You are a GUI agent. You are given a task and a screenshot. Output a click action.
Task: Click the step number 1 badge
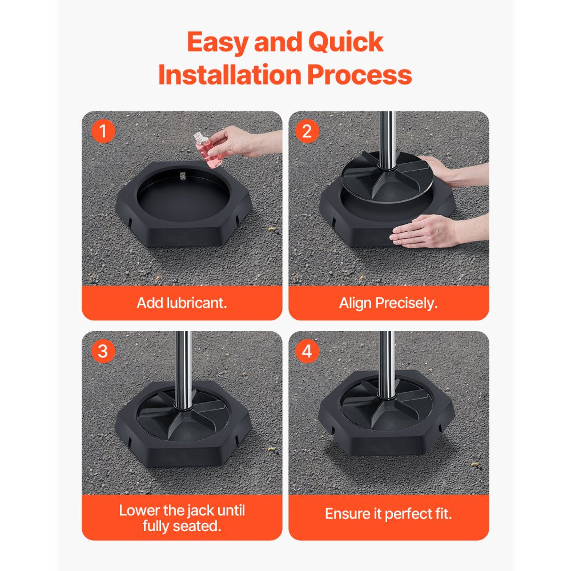click(x=103, y=132)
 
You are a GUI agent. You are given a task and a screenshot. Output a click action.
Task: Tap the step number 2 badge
click(x=307, y=132)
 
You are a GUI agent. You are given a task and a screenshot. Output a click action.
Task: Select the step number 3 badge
click(x=103, y=351)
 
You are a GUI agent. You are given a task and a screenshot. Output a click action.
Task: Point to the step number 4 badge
click(x=307, y=351)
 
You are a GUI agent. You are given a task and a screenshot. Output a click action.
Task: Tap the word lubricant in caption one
click(x=197, y=303)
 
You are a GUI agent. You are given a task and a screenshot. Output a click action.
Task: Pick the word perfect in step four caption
click(x=408, y=514)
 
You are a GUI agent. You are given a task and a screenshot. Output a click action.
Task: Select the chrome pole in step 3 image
click(x=183, y=365)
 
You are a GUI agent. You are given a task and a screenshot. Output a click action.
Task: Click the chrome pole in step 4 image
click(x=387, y=360)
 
